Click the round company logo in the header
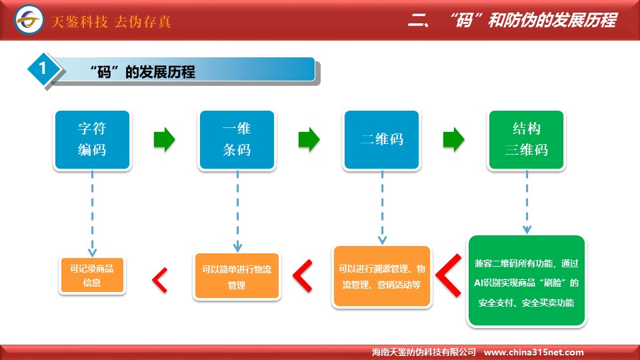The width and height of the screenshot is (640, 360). tap(29, 19)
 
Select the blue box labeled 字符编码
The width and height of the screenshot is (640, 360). tap(92, 139)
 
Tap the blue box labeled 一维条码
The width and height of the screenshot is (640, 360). tap(237, 139)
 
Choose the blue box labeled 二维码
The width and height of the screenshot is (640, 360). tap(381, 139)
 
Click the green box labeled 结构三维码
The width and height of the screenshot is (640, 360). tap(526, 139)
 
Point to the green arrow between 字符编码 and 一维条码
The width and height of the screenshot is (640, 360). tap(165, 139)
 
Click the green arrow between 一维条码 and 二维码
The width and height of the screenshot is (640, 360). tap(309, 139)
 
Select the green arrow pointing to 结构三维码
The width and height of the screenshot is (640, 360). tap(453, 139)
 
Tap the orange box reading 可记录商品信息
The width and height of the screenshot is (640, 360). tap(92, 275)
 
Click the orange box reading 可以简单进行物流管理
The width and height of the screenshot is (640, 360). tap(237, 276)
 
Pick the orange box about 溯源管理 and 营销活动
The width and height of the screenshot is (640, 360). tap(381, 276)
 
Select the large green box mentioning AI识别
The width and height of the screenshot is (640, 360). tap(527, 281)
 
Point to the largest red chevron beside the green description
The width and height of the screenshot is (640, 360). tap(449, 275)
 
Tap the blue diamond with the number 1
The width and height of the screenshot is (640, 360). tap(43, 69)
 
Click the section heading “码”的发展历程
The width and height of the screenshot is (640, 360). tap(143, 72)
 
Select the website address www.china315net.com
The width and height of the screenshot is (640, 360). tap(533, 352)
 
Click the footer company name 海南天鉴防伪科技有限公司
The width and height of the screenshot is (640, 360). tap(424, 352)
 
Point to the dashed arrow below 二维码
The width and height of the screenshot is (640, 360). tap(382, 207)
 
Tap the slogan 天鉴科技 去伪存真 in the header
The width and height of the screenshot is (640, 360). tap(111, 21)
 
